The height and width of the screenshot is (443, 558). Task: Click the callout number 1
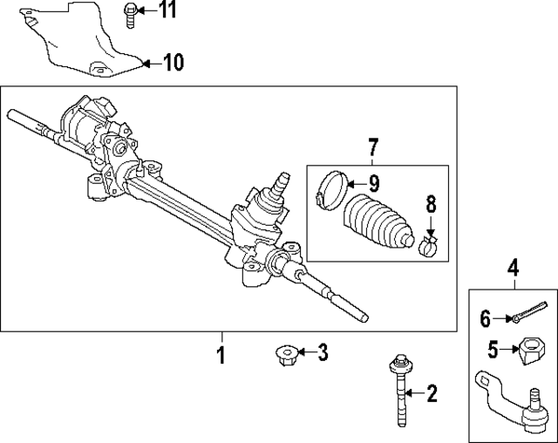pyautogui.click(x=221, y=355)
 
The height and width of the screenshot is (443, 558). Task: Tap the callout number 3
pyautogui.click(x=323, y=353)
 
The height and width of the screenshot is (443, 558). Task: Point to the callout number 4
pyautogui.click(x=513, y=268)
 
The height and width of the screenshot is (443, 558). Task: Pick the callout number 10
pyautogui.click(x=174, y=63)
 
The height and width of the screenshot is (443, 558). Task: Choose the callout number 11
pyautogui.click(x=166, y=10)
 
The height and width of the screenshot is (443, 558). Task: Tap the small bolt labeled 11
pyautogui.click(x=129, y=13)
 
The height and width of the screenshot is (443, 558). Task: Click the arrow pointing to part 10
pyautogui.click(x=150, y=63)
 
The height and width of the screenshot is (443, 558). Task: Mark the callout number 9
pyautogui.click(x=373, y=183)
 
